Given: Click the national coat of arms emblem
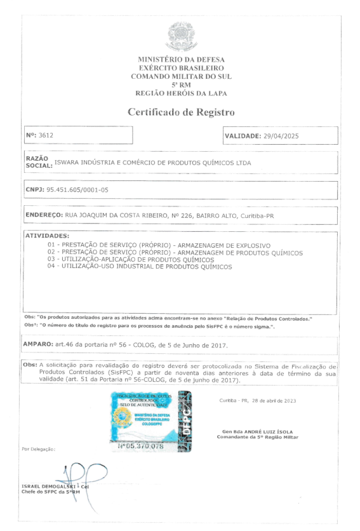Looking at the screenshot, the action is click(x=180, y=36).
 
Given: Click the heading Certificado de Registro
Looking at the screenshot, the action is click(x=181, y=112).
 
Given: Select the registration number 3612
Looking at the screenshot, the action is click(x=47, y=135).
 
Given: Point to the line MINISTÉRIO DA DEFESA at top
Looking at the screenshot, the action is click(x=181, y=59).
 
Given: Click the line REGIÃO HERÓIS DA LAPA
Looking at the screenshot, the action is click(x=181, y=93).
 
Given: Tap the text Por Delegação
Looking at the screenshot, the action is click(x=38, y=448).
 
